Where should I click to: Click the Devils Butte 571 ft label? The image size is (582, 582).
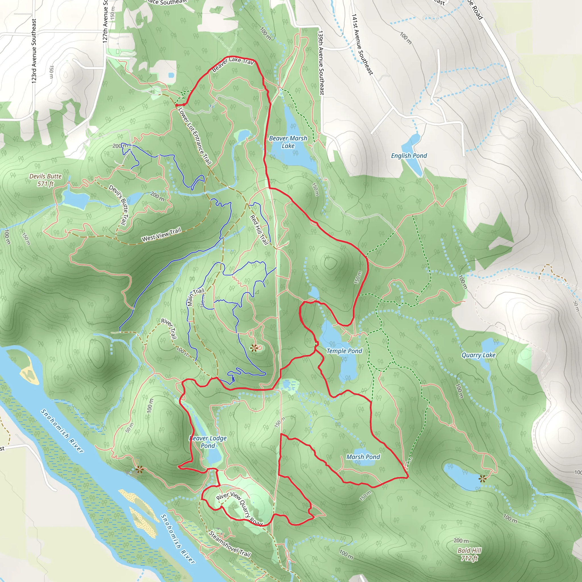tap(45, 180)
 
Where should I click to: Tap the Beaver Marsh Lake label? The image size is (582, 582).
tap(288, 142)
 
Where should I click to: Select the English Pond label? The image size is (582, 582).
tap(409, 156)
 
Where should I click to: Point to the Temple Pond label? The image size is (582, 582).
tap(344, 351)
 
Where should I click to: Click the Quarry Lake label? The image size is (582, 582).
tap(478, 355)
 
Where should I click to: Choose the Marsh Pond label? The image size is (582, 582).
tap(363, 457)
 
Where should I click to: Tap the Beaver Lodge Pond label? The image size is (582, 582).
tap(208, 442)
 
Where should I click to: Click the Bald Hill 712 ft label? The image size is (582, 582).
tap(469, 554)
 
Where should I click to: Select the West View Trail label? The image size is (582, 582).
tap(161, 235)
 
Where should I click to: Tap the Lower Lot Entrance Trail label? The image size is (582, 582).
tap(195, 136)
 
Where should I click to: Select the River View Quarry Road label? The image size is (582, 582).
tap(240, 509)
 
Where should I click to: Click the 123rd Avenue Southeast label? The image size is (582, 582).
tap(34, 51)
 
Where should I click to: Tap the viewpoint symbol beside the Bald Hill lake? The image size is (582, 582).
tap(483, 479)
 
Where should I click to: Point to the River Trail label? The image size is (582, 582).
tap(169, 329)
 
